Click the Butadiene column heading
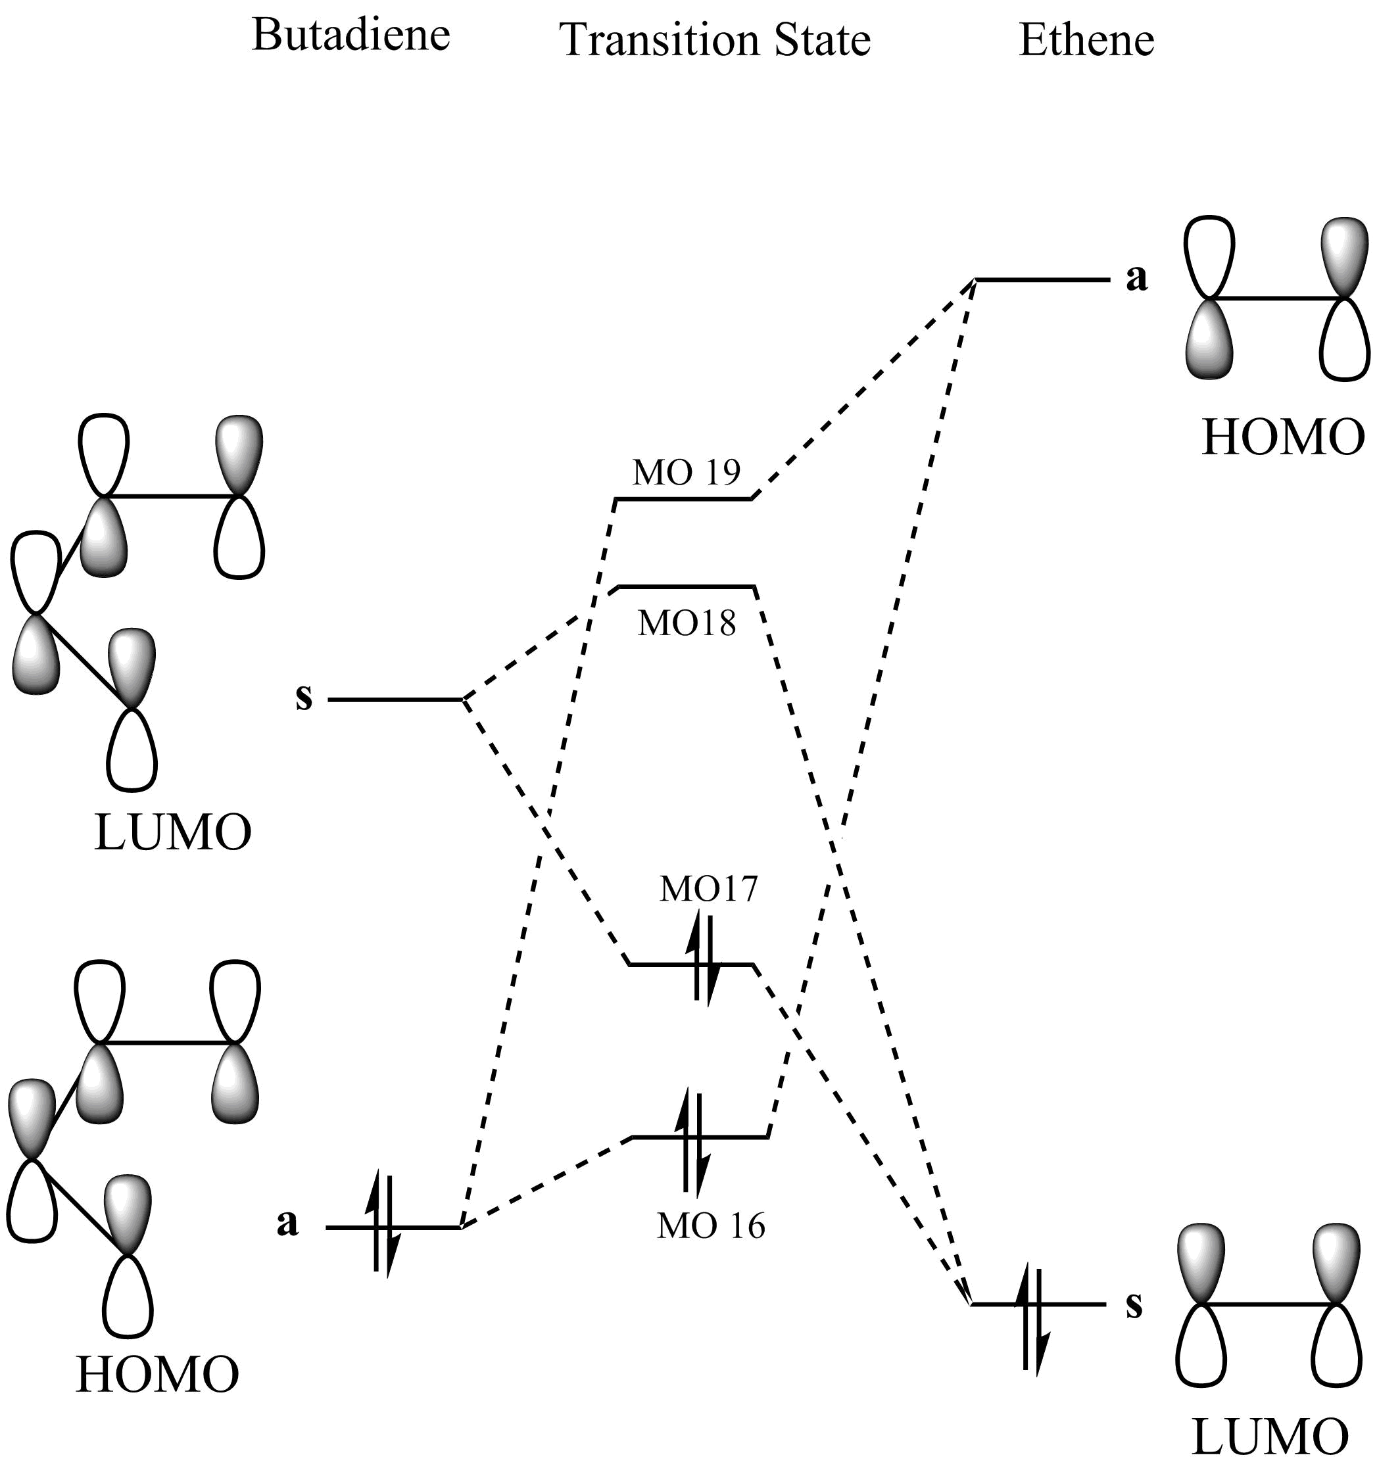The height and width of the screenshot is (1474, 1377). tap(350, 35)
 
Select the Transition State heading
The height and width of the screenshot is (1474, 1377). tap(715, 40)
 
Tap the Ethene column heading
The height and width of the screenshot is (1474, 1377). tap(1086, 40)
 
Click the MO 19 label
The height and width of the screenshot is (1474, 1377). tap(686, 472)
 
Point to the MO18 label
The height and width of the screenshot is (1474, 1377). tap(687, 623)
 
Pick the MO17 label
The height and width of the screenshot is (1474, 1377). tap(709, 889)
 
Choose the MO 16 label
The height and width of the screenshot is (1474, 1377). tap(710, 1225)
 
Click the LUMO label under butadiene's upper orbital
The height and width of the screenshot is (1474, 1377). tap(173, 832)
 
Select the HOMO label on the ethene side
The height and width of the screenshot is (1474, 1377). tap(1283, 437)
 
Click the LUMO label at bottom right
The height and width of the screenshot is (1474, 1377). tap(1268, 1436)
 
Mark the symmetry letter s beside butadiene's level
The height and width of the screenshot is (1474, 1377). tap(304, 698)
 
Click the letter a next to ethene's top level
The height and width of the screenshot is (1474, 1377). tap(1137, 278)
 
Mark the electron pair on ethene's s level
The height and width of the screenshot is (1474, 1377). tap(1032, 1319)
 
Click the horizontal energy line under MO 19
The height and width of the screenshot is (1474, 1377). tap(683, 499)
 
